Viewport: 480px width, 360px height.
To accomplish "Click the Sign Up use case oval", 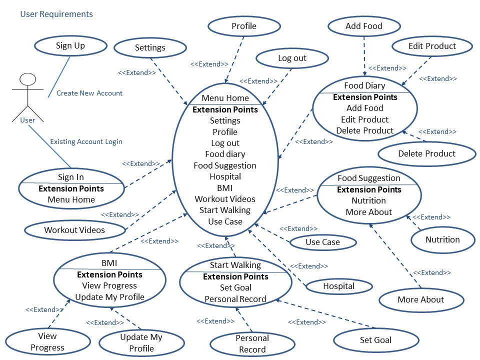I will tap(70, 46).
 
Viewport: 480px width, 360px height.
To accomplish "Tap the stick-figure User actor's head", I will tap(27, 79).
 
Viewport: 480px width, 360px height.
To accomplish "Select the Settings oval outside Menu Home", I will tap(150, 48).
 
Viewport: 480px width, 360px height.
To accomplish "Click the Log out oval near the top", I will tap(292, 58).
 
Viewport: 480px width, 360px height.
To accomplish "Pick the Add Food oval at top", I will tap(364, 26).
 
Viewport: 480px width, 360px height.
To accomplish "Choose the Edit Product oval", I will tap(432, 46).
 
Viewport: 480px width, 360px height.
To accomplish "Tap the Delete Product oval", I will tap(426, 154).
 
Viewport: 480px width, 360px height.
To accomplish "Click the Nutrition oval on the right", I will tap(442, 239).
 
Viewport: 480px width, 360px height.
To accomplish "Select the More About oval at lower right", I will tap(420, 300).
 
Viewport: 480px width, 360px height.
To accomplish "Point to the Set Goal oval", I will tap(375, 340).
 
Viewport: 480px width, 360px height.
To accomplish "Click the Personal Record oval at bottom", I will tap(252, 344).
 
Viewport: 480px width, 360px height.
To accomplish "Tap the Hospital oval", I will tap(338, 286).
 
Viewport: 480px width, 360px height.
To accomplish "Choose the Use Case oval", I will tap(322, 242).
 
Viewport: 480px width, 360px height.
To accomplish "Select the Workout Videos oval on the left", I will tap(74, 230).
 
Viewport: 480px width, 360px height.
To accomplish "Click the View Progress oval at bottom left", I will tap(47, 342).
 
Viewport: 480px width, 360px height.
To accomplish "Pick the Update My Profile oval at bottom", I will tap(141, 343).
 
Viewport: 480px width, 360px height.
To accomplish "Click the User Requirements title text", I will tap(56, 14).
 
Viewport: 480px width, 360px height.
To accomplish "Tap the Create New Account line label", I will tap(89, 93).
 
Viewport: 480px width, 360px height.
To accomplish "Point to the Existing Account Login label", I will tap(86, 141).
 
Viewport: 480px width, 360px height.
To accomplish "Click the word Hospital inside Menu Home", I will tap(225, 176).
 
